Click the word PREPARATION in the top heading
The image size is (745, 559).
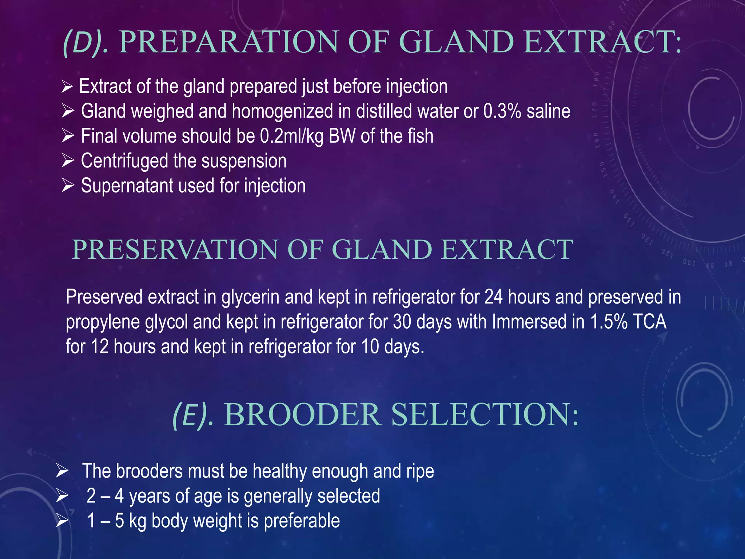[228, 42]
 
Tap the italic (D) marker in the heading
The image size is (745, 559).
[85, 43]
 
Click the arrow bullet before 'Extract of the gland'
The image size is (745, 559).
[67, 87]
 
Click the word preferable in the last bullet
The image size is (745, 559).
[302, 521]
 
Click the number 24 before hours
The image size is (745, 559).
[494, 297]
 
